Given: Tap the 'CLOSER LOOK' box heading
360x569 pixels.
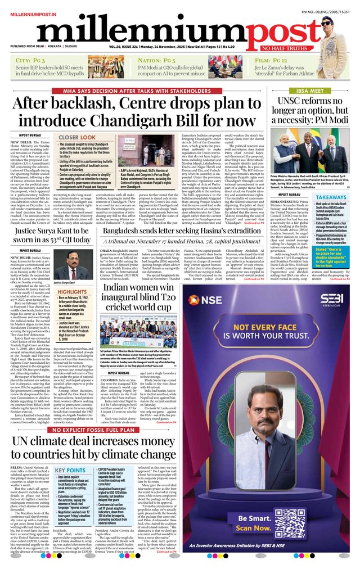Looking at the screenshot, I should tap(76, 137).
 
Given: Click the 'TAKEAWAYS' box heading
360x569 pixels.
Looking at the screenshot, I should tap(331, 198).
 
